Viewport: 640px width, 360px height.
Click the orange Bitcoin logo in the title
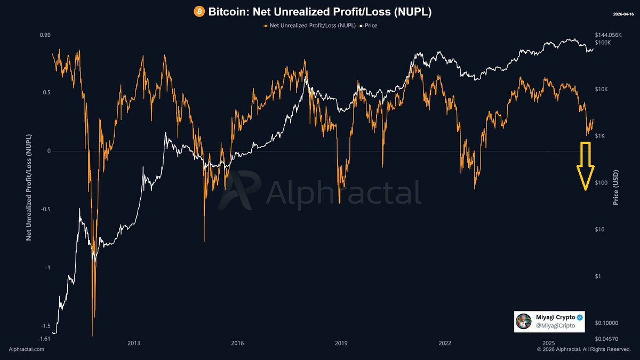[x=199, y=11]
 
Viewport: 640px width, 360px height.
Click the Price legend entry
[x=369, y=25]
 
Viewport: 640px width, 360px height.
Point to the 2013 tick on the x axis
[x=134, y=343]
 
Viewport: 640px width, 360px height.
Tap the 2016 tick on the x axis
[x=238, y=343]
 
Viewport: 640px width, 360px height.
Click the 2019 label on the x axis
[x=341, y=343]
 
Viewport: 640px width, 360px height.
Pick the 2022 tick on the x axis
[x=445, y=343]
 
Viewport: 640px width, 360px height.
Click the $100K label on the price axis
[x=603, y=42]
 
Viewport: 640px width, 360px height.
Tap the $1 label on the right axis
[x=599, y=276]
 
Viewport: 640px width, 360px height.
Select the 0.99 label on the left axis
[x=45, y=35]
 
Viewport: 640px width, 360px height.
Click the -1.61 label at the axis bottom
[x=44, y=338]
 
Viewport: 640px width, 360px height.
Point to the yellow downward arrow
[x=585, y=166]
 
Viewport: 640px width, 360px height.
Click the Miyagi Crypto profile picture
[x=524, y=321]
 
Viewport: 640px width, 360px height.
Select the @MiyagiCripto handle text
[x=552, y=325]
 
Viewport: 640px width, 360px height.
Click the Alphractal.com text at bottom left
[x=27, y=349]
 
